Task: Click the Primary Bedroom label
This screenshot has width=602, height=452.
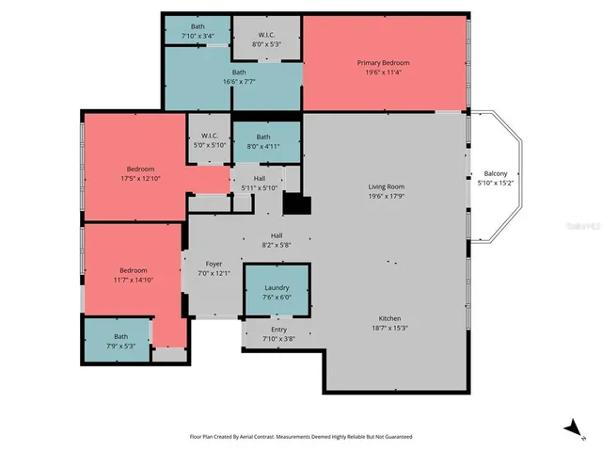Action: pos(383,63)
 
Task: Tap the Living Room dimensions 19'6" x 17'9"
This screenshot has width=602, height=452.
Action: pos(386,197)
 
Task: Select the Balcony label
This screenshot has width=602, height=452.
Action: pos(495,173)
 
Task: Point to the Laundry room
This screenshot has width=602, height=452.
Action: pos(277,291)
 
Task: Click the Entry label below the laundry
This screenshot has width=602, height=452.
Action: pos(279,330)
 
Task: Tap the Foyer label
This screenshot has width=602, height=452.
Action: pos(214,265)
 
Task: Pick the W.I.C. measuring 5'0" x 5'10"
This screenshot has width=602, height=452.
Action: pos(209,140)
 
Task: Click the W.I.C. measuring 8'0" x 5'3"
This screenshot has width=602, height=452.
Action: pos(266,38)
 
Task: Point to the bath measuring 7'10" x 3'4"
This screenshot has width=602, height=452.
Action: pos(198,31)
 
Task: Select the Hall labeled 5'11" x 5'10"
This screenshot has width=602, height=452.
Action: pos(260,183)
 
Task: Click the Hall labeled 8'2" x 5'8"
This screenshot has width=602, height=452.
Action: pos(277,240)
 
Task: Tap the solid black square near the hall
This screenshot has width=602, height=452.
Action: pos(297,205)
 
